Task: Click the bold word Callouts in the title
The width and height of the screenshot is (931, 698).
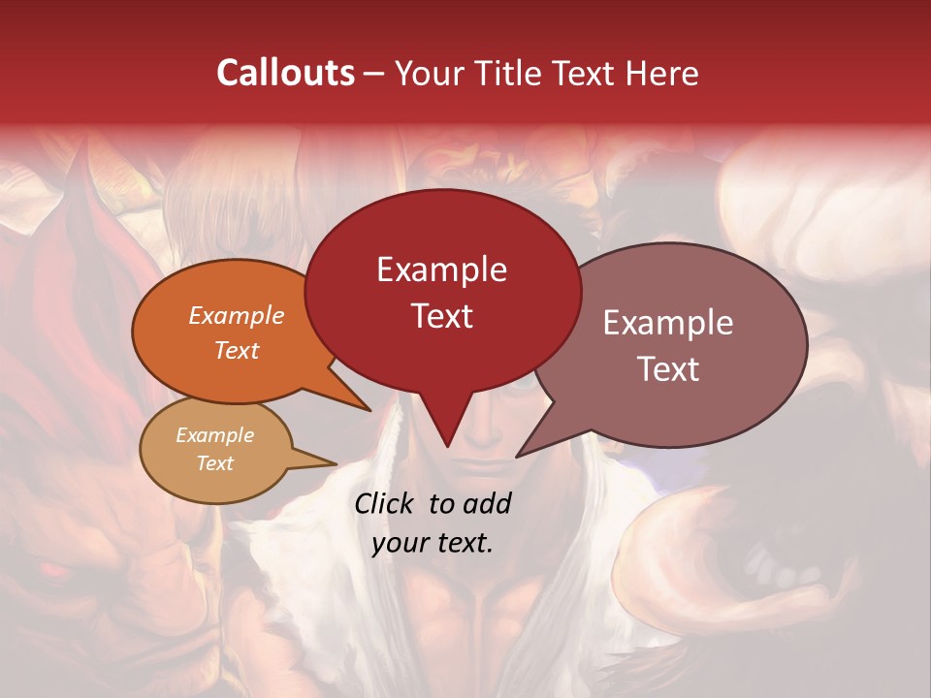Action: pos(285,74)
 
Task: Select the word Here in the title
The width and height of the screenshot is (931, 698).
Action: pos(664,74)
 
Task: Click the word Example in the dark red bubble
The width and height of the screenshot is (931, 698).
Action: pos(441,270)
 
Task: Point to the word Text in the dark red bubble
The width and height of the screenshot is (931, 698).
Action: pos(441,316)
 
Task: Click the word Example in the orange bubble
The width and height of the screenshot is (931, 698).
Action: pos(236,315)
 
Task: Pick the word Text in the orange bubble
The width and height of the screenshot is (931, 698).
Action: pos(236,350)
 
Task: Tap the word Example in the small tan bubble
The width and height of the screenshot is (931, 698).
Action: pos(214,435)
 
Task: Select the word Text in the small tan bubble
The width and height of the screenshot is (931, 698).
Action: pos(214,463)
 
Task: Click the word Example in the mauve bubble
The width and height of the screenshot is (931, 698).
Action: pos(668,323)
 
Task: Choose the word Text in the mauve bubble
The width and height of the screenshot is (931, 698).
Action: pos(668,369)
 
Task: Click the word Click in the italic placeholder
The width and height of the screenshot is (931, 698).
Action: pos(386,503)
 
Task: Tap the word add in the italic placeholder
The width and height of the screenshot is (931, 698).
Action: pos(488,503)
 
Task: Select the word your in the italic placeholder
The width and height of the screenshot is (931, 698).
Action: pos(400,543)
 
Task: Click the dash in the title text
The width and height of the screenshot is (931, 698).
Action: pos(374,75)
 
